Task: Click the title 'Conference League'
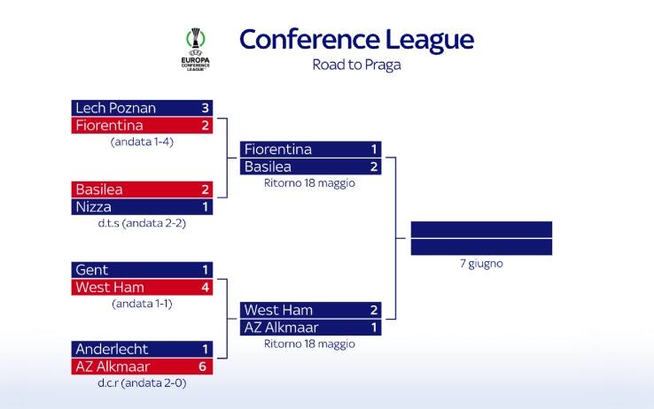point(356,40)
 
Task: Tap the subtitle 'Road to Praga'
point(356,65)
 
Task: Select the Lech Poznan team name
point(115,108)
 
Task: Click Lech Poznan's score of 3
point(205,108)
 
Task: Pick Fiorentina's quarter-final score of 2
point(205,126)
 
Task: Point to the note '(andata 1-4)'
point(143,142)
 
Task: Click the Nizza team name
point(93,206)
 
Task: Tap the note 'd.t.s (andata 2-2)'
point(143,223)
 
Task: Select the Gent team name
point(91,270)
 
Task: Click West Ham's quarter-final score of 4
point(205,287)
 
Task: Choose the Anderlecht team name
point(112,349)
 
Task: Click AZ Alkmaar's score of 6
point(205,367)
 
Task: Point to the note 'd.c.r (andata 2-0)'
point(143,382)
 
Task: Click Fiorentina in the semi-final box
point(277,150)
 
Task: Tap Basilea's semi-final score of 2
point(374,166)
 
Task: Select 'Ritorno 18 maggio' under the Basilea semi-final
point(309,183)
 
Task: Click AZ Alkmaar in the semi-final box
point(281,328)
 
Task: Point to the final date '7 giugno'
point(481,264)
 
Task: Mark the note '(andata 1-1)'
point(143,303)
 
